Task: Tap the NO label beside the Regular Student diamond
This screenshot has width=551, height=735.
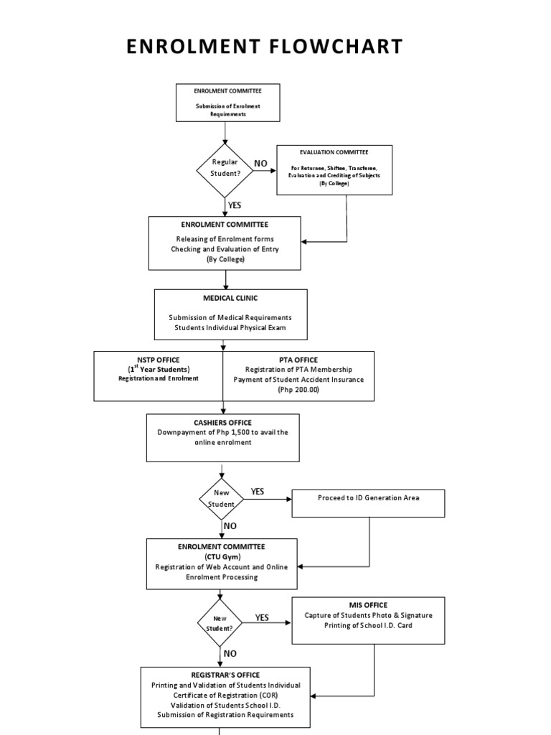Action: (260, 164)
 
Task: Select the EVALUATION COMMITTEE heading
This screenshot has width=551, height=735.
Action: (334, 152)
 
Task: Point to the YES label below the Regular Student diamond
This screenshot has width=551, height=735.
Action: (235, 205)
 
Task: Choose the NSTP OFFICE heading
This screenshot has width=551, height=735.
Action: (159, 360)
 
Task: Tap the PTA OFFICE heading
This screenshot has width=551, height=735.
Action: (298, 360)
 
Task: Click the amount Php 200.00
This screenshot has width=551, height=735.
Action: (298, 390)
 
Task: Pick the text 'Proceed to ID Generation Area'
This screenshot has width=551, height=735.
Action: (368, 497)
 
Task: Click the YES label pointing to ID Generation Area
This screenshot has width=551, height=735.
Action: (258, 492)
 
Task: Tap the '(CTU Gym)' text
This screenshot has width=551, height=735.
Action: (221, 556)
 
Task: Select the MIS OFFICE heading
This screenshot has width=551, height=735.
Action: (368, 605)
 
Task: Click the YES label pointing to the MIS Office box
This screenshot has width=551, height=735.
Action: (262, 617)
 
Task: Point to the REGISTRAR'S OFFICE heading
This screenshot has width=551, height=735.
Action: (225, 675)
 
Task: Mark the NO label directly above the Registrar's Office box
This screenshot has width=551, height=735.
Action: (230, 654)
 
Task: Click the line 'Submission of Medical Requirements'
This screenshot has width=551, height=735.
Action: (230, 317)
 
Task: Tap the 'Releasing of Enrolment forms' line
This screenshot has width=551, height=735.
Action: (225, 239)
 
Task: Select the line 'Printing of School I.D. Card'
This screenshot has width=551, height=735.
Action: (368, 625)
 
